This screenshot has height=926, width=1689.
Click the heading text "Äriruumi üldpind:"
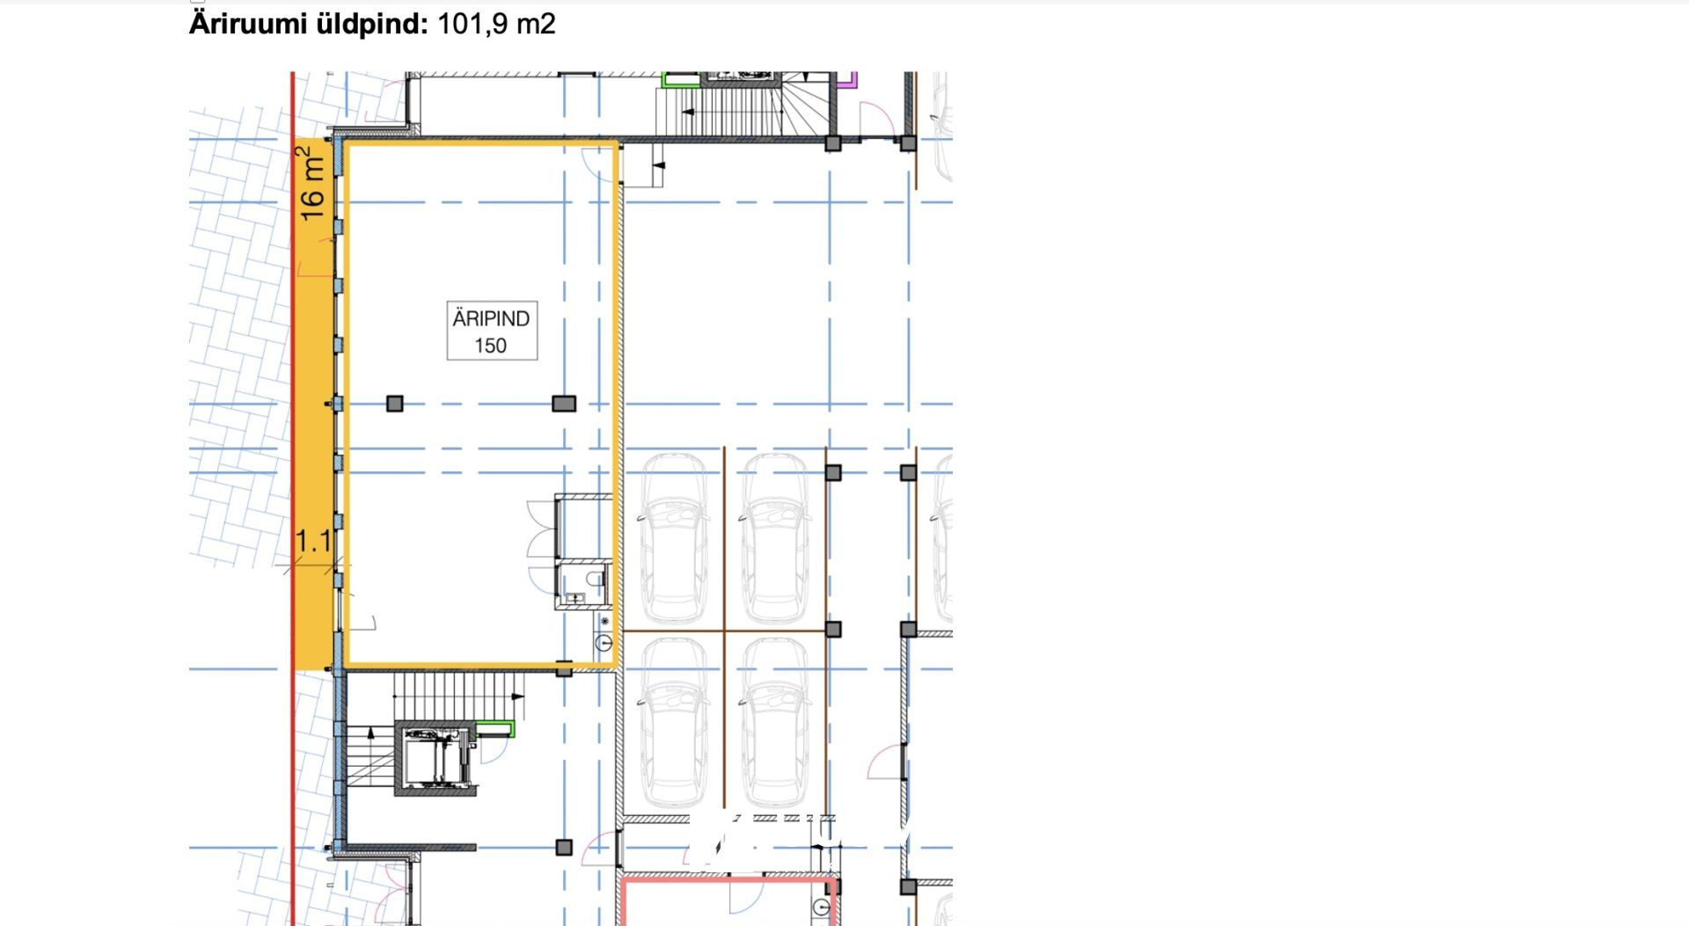pyautogui.click(x=309, y=24)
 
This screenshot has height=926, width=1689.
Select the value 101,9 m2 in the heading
pyautogui.click(x=496, y=24)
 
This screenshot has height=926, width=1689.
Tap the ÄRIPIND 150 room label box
pyautogui.click(x=492, y=332)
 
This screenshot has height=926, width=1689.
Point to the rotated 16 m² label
pyautogui.click(x=312, y=184)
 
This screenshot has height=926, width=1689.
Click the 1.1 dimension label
pyautogui.click(x=313, y=541)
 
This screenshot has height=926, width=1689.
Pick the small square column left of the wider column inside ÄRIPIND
pyautogui.click(x=395, y=404)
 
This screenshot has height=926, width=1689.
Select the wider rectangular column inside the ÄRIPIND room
pyautogui.click(x=564, y=404)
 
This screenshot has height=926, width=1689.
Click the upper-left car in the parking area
pyautogui.click(x=673, y=536)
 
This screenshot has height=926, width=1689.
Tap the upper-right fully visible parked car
pyautogui.click(x=775, y=536)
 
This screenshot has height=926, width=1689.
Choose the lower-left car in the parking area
pyautogui.click(x=673, y=724)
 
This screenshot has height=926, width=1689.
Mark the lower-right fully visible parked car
pyautogui.click(x=775, y=724)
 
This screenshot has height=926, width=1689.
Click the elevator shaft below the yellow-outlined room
pyautogui.click(x=435, y=758)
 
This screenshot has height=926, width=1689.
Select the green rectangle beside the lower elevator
pyautogui.click(x=495, y=727)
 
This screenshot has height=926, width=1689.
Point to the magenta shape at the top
pyautogui.click(x=847, y=81)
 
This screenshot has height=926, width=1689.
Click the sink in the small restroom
pyautogui.click(x=575, y=599)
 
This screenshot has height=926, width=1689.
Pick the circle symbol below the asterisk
pyautogui.click(x=604, y=644)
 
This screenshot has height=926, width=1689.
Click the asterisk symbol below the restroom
pyautogui.click(x=604, y=622)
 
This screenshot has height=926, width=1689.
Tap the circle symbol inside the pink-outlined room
pyautogui.click(x=822, y=907)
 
